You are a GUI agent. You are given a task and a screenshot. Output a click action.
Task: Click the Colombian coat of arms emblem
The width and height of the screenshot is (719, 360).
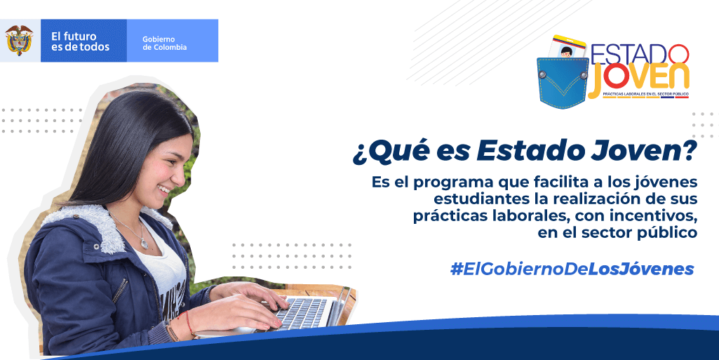click(20, 41)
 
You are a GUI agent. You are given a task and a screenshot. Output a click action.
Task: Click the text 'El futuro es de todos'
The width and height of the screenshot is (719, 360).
click(80, 41)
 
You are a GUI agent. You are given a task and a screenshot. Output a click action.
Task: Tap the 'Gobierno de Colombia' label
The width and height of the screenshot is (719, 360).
click(164, 43)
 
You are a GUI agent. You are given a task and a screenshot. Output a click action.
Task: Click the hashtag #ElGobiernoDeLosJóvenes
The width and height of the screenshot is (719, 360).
click(572, 269)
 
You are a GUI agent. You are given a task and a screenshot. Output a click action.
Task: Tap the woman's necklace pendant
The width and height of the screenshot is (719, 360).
click(144, 243)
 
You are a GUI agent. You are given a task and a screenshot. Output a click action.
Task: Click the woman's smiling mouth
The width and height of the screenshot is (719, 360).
click(163, 190)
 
